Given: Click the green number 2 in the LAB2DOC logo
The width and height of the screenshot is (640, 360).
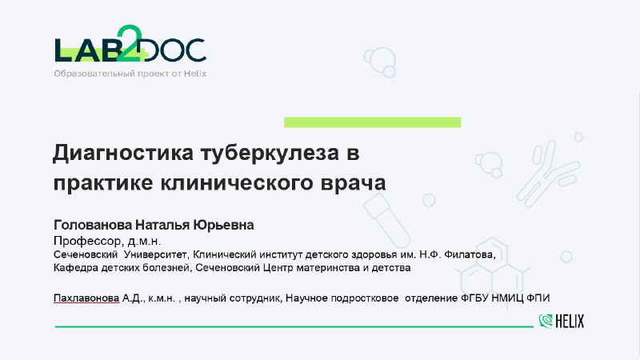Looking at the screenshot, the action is click(129, 43).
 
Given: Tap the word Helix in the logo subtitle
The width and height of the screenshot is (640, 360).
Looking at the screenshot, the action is click(194, 74).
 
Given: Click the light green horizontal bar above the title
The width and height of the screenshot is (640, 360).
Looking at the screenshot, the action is click(372, 122).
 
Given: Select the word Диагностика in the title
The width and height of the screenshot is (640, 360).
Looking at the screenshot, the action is click(123, 153).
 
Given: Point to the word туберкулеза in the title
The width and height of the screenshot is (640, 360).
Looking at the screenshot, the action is click(270, 154).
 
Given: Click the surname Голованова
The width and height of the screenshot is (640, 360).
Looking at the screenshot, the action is click(93, 225).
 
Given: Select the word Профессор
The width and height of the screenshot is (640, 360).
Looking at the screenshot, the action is click(88, 241).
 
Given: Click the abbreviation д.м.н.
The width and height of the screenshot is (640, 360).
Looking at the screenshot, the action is click(144, 242).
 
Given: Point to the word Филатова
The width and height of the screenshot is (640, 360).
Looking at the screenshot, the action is click(470, 254).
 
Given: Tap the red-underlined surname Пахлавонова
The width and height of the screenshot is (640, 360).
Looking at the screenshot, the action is click(86, 298).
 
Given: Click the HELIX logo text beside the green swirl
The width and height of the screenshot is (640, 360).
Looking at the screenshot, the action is click(570, 322).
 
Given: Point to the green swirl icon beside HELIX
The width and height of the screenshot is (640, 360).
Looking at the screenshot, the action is click(546, 321).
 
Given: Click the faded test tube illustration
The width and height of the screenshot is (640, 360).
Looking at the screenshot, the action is click(386, 221).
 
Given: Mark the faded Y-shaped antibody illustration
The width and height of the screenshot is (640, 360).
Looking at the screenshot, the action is click(547, 173).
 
